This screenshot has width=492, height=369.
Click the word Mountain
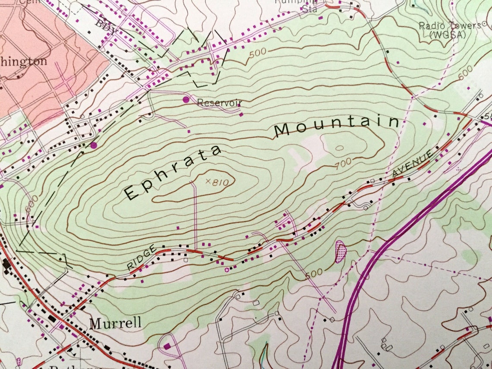coord(337,125)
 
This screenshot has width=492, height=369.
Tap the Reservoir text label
coord(219,103)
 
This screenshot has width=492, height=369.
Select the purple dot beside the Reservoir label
coord(186,100)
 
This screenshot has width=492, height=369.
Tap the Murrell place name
coord(115,323)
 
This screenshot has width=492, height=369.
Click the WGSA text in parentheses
coord(448,35)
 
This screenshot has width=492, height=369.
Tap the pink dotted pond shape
coord(341,251)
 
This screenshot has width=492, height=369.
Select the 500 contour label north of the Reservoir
coord(258,53)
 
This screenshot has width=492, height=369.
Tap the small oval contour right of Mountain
coord(339,148)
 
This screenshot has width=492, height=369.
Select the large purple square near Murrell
coord(167,346)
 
